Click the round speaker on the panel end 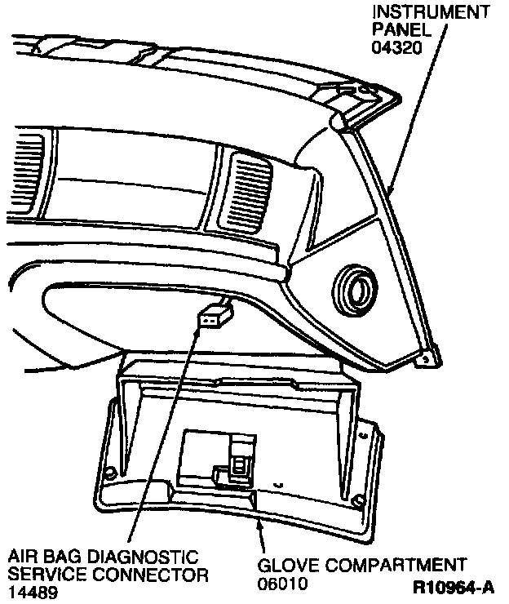(x=353, y=286)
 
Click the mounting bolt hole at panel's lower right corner (x=424, y=357)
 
